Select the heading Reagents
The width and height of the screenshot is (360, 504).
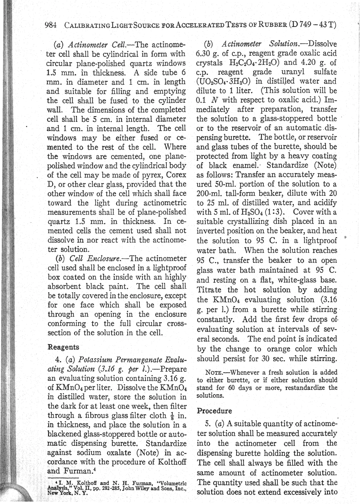[x=63, y=347]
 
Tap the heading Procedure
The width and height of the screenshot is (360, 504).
[x=214, y=410]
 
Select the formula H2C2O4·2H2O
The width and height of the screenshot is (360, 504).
[x=255, y=63]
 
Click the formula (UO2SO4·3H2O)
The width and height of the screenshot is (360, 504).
[x=223, y=81]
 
